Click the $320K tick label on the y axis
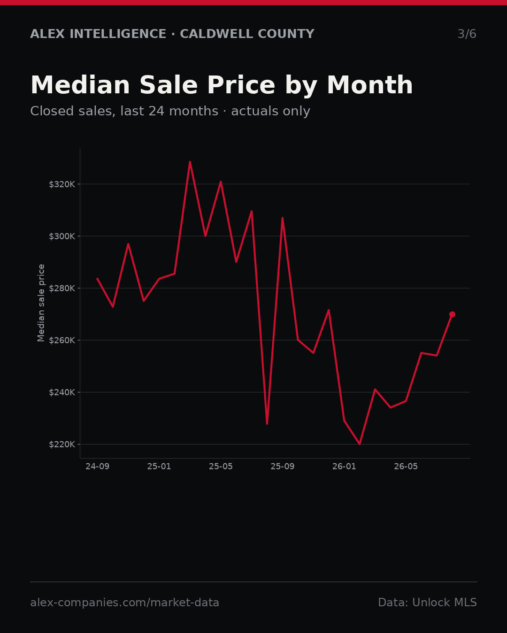[x=62, y=184]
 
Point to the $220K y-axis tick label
[x=62, y=445]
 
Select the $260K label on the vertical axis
[x=62, y=340]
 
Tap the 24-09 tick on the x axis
[x=98, y=467]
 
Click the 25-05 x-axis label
[x=221, y=467]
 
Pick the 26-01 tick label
[x=345, y=467]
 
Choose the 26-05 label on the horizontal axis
[x=406, y=467]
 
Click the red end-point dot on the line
[x=452, y=315]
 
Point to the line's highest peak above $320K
[x=190, y=162]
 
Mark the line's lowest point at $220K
[x=360, y=444]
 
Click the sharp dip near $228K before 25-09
[x=267, y=423]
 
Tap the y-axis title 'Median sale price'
[x=41, y=303]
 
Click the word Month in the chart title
[x=370, y=85]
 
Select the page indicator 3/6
[x=467, y=34]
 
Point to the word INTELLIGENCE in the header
[x=118, y=34]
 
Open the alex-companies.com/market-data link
[x=124, y=603]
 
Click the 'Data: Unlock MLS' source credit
[x=427, y=603]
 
